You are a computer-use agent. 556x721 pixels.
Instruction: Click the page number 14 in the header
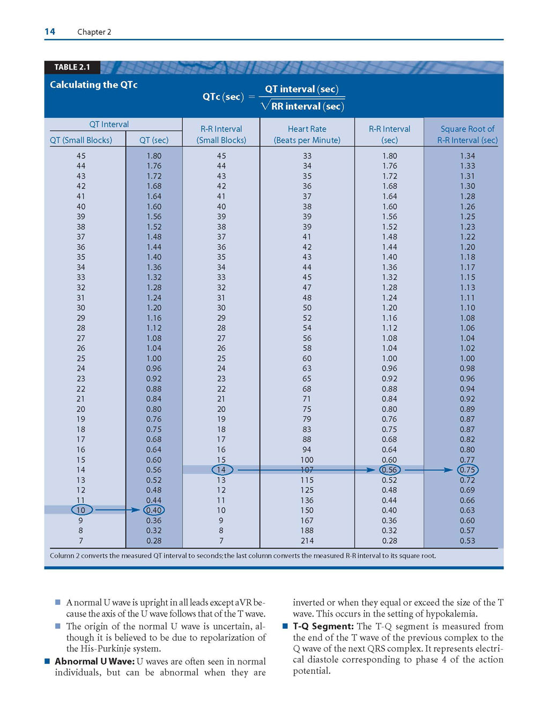(x=50, y=32)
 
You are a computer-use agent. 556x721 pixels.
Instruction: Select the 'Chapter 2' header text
(x=94, y=32)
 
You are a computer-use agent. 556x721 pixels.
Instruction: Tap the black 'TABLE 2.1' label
(x=72, y=67)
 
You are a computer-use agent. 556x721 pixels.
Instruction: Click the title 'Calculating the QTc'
(x=94, y=85)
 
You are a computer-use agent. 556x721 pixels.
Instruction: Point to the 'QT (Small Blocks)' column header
(x=81, y=140)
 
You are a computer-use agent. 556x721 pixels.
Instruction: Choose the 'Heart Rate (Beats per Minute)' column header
(x=307, y=134)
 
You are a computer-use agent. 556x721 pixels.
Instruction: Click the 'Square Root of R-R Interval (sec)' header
(x=468, y=134)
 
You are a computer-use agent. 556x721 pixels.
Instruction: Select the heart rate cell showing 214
(x=307, y=540)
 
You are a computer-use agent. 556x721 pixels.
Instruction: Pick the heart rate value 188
(x=307, y=530)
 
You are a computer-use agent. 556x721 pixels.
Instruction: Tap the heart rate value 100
(x=307, y=460)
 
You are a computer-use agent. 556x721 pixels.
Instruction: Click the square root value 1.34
(x=468, y=156)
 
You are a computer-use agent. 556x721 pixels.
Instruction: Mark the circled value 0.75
(x=468, y=470)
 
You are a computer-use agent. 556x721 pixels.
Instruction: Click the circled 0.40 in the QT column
(x=154, y=510)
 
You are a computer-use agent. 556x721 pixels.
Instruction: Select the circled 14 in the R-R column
(x=222, y=470)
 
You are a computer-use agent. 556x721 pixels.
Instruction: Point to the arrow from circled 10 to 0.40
(x=118, y=510)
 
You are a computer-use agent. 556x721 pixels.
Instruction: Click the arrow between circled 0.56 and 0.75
(x=429, y=470)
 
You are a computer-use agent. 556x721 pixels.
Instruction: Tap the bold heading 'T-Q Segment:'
(x=323, y=626)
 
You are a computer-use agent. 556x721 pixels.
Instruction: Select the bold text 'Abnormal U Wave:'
(x=94, y=662)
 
